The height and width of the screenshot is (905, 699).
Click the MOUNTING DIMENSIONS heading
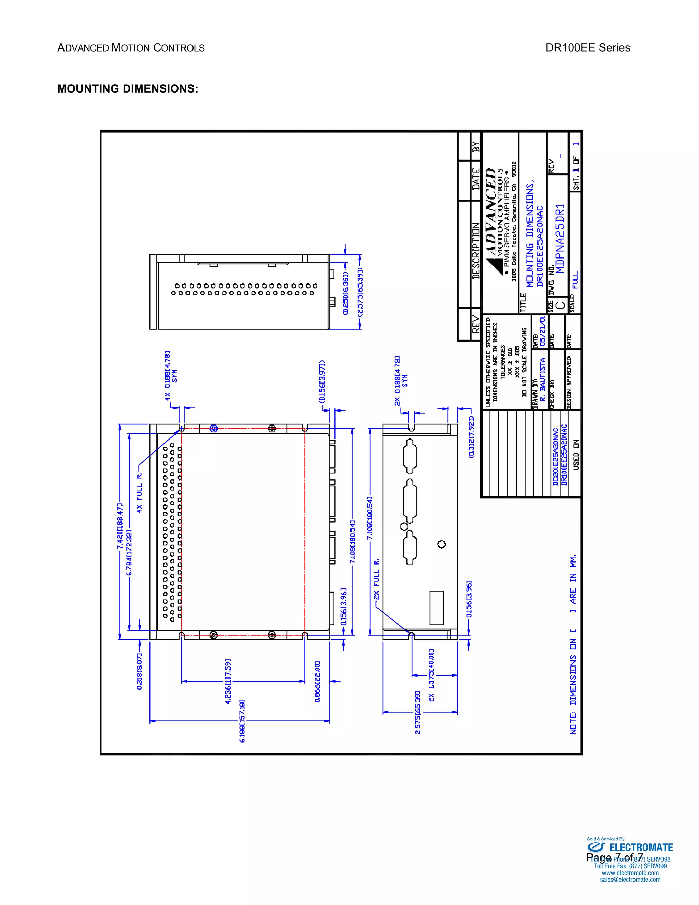click(128, 89)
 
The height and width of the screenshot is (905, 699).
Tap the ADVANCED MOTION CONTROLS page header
click(131, 48)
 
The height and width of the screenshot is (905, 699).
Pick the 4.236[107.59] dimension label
click(228, 682)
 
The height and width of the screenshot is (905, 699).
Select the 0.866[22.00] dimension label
click(317, 682)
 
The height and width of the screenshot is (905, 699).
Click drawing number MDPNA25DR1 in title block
click(559, 238)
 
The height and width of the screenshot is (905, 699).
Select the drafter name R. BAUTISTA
click(542, 379)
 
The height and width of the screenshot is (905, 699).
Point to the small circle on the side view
click(441, 544)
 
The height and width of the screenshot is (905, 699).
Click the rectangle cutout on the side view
click(437, 608)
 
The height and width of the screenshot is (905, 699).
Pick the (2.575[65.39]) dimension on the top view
click(359, 292)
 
